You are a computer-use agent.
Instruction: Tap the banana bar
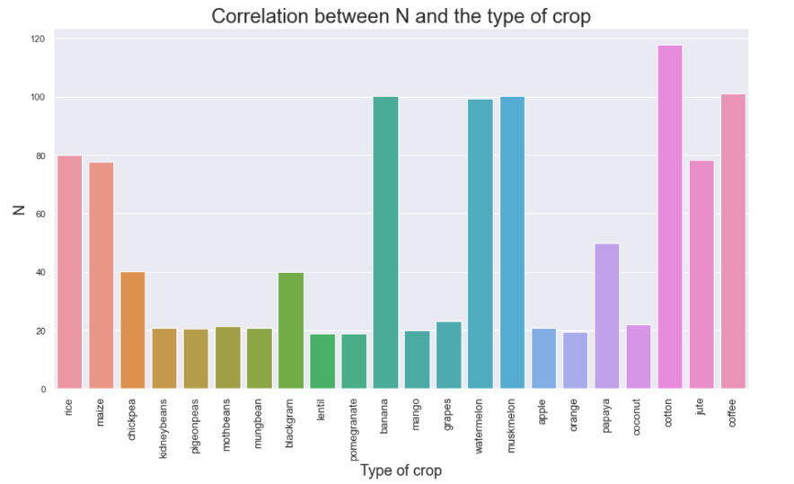385,242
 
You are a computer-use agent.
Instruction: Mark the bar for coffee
733,242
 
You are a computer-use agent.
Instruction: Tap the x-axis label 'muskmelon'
513,423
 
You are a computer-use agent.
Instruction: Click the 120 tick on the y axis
37,40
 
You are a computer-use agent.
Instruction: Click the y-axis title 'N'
17,209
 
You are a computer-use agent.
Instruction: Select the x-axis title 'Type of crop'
401,471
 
